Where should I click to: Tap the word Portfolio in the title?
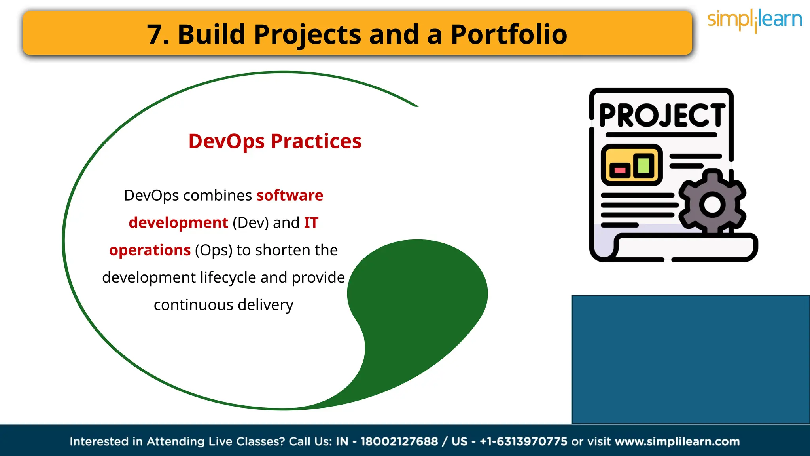[509, 34]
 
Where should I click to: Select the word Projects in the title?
[307, 34]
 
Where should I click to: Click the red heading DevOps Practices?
[275, 141]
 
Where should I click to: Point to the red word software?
[290, 196]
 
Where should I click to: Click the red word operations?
[150, 250]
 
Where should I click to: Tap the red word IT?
[311, 223]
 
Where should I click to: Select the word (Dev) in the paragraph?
[250, 223]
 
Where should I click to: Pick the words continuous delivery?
[223, 305]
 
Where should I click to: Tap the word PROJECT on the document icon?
[662, 116]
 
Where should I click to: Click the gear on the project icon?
[712, 203]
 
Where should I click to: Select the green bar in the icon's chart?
[643, 165]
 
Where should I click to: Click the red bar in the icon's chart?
[620, 171]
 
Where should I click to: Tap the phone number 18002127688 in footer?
[399, 441]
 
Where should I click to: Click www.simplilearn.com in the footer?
[677, 441]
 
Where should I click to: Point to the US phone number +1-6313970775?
[523, 441]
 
